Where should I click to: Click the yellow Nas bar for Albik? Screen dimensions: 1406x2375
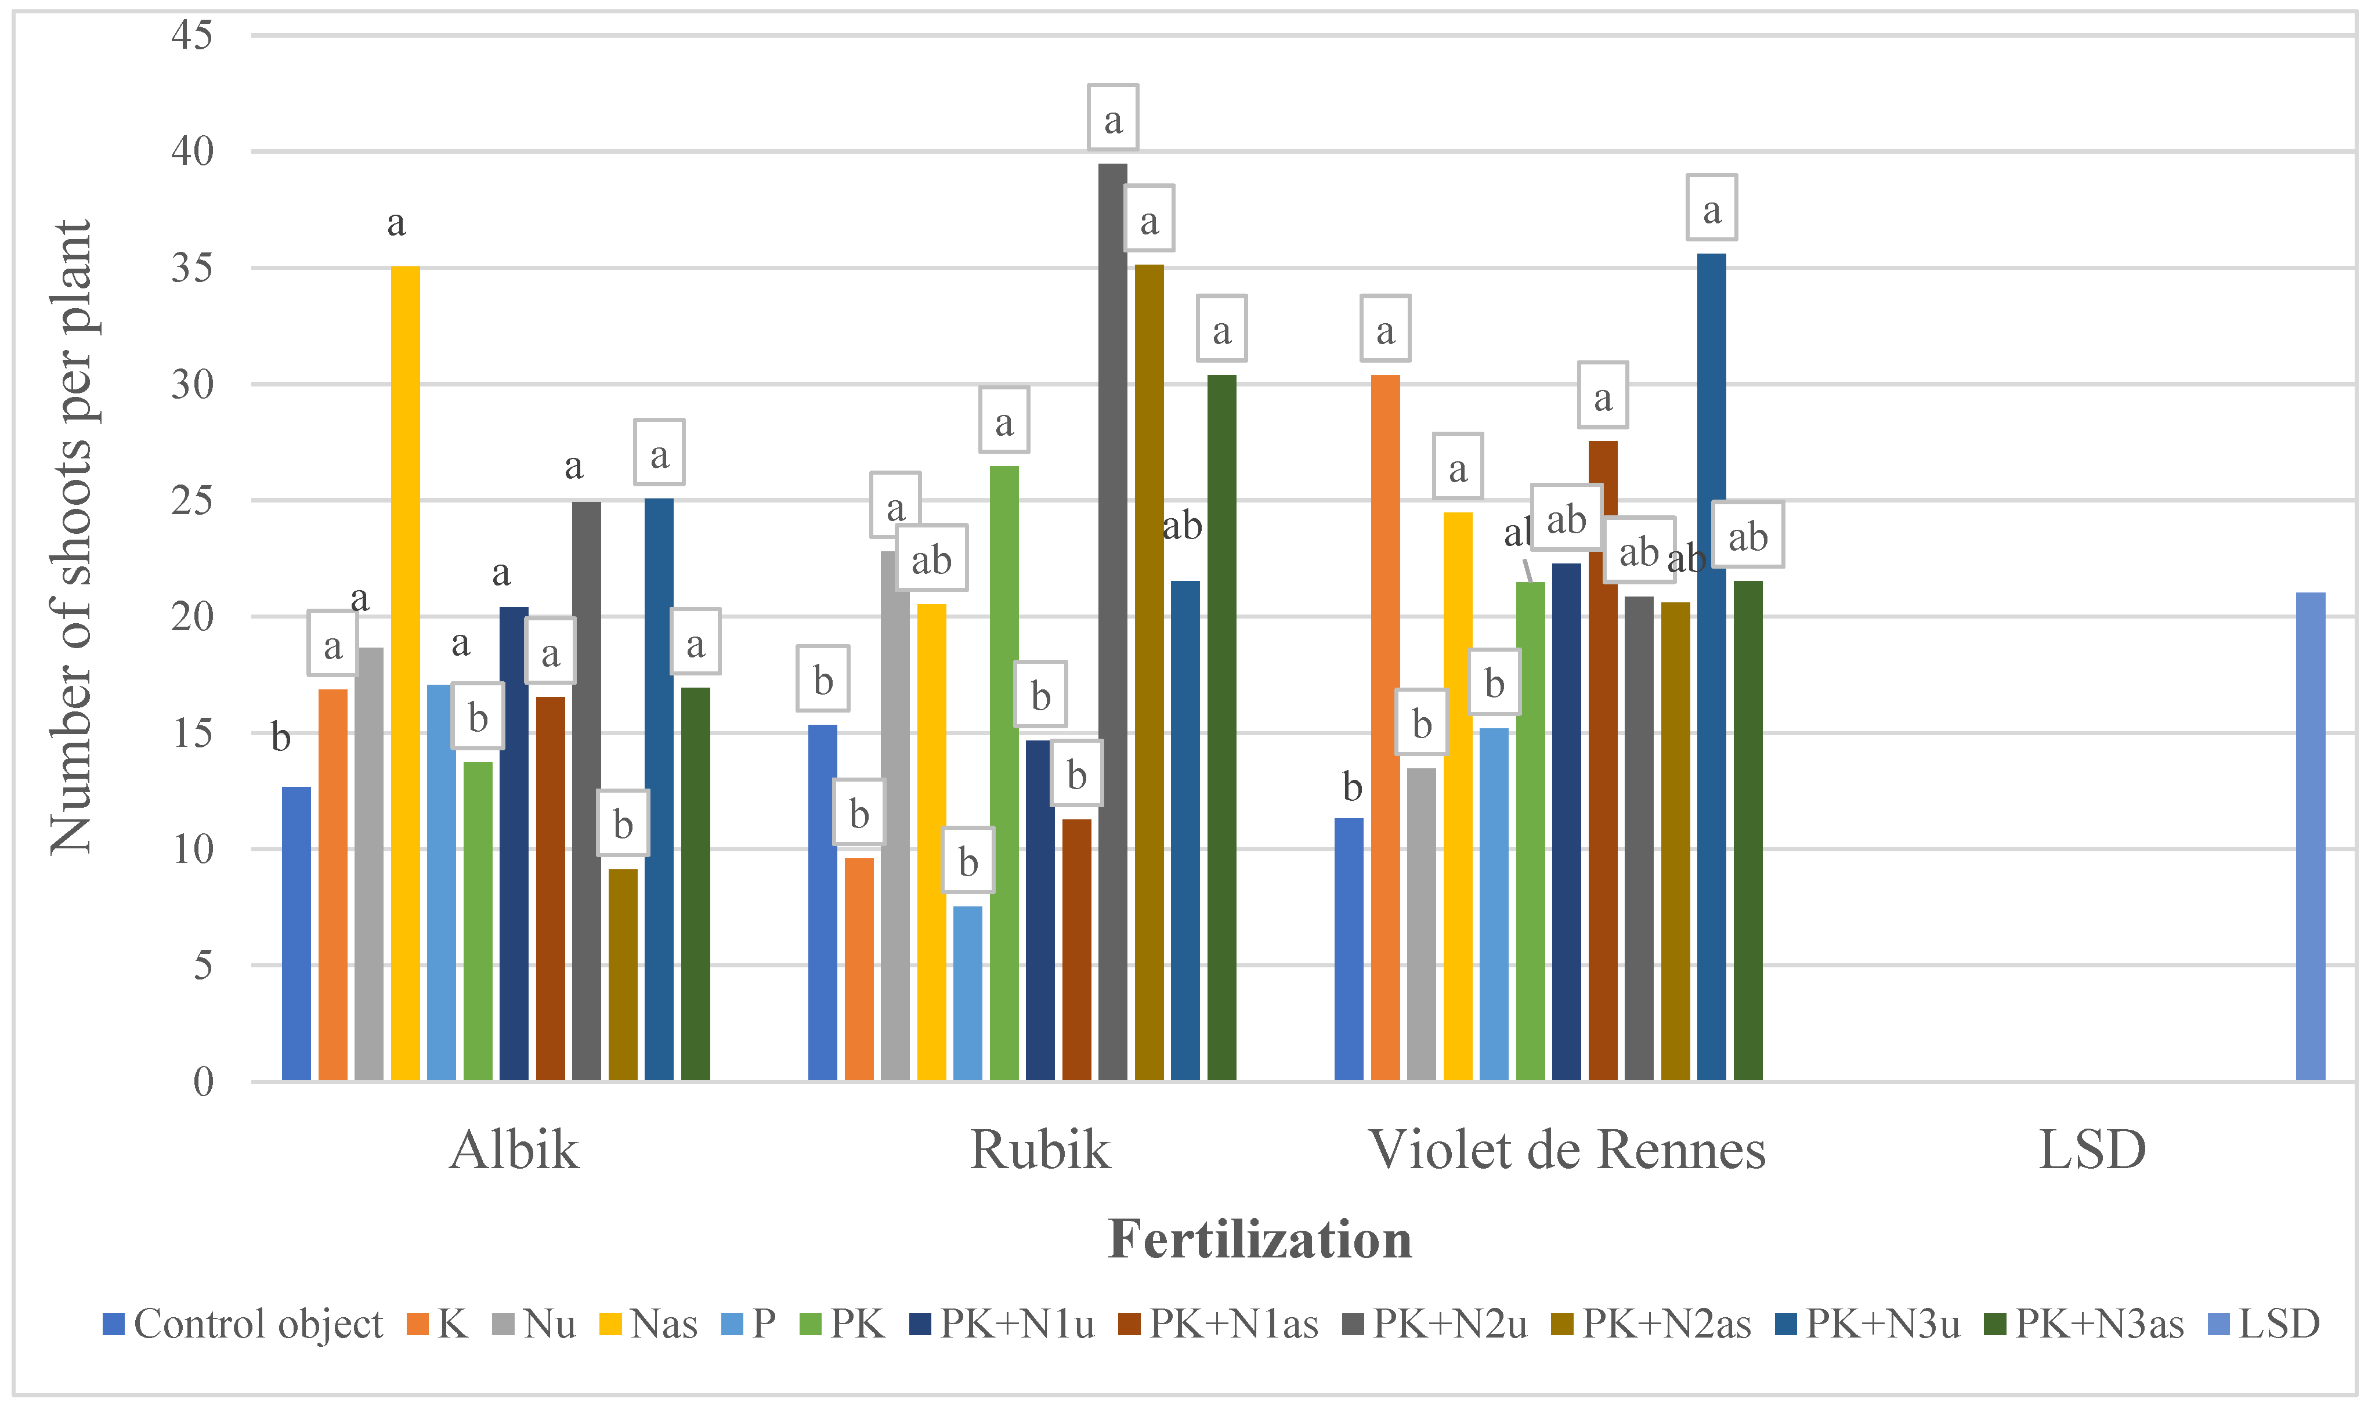pyautogui.click(x=406, y=673)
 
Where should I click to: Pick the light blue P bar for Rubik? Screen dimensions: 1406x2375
pyautogui.click(x=967, y=993)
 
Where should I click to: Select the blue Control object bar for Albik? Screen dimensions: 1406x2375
pyautogui.click(x=297, y=933)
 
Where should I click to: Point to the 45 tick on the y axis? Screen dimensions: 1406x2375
pyautogui.click(x=192, y=35)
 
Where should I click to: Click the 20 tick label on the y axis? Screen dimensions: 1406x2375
pyautogui.click(x=192, y=617)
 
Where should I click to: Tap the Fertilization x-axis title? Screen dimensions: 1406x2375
pyautogui.click(x=1259, y=1239)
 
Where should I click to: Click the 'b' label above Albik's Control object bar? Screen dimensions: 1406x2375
pyautogui.click(x=280, y=737)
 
